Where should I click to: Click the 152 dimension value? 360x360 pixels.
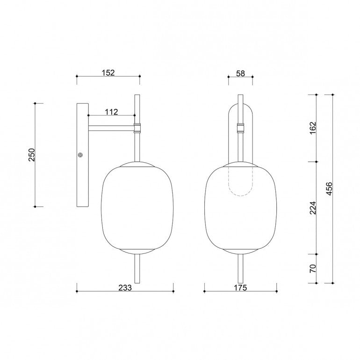[108, 72]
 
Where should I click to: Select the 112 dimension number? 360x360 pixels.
[111, 112]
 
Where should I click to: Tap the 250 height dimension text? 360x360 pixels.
[32, 155]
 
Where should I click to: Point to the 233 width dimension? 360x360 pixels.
[125, 288]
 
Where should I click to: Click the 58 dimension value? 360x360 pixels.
[240, 73]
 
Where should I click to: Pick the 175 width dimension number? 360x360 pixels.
[240, 288]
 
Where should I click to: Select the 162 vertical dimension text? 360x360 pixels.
[313, 128]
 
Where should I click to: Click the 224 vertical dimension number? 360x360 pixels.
[313, 208]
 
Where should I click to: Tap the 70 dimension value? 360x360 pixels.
[313, 268]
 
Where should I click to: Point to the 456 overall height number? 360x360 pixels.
[329, 189]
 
